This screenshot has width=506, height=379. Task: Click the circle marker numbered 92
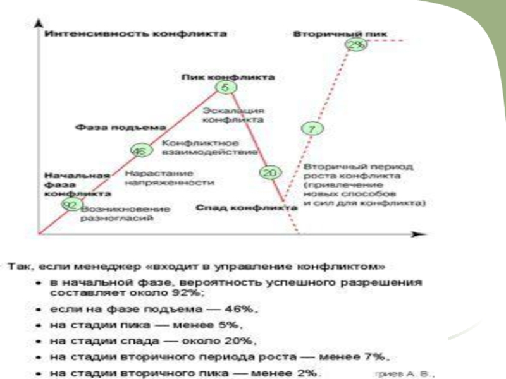pos(71,204)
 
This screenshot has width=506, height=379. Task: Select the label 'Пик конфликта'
pos(228,77)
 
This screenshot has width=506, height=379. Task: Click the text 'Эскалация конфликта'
pos(233,114)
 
